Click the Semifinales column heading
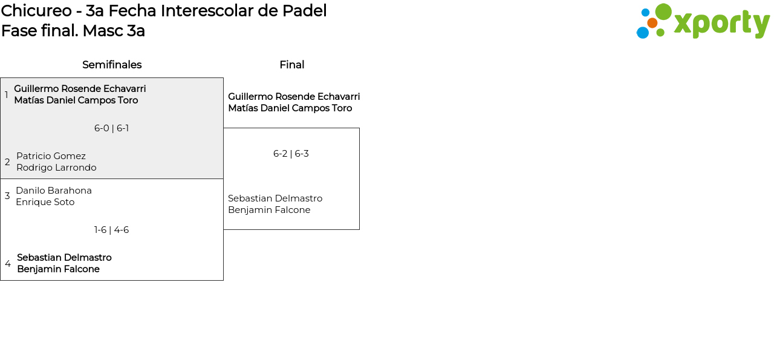point(112,65)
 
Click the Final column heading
point(291,65)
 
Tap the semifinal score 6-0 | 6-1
point(111,128)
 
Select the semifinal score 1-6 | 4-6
point(111,230)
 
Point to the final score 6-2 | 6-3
point(291,154)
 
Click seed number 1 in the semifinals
point(7,95)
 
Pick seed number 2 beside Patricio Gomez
point(7,162)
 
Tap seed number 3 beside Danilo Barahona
point(7,196)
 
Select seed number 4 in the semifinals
point(8,264)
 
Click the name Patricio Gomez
point(51,156)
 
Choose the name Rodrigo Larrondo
point(56,168)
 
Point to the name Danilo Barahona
point(54,191)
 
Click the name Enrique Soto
point(45,202)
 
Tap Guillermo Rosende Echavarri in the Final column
point(294,97)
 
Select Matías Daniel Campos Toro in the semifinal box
point(76,100)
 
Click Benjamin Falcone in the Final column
point(269,210)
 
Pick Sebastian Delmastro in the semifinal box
point(64,258)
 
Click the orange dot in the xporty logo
point(652,23)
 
